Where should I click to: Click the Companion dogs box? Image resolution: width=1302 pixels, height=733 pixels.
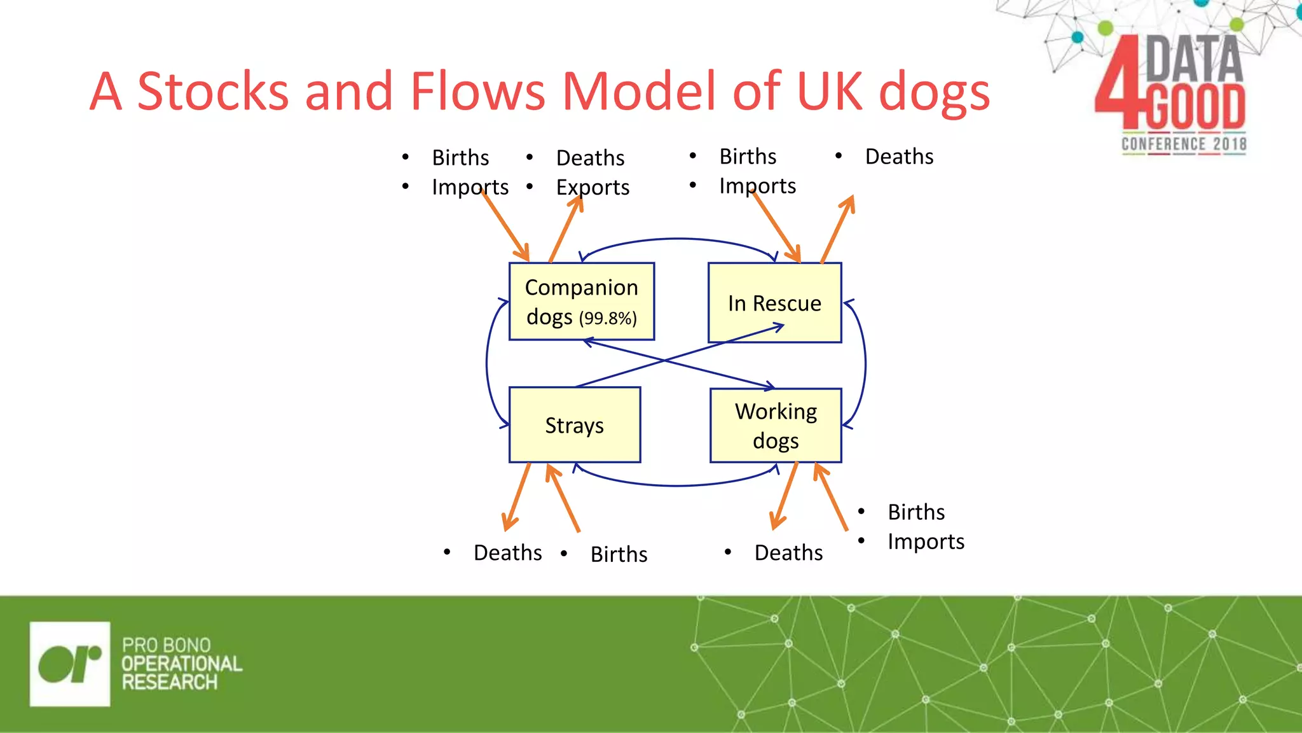click(581, 301)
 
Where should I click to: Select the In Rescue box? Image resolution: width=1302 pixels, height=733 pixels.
click(774, 303)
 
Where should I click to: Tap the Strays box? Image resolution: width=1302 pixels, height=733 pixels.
click(574, 424)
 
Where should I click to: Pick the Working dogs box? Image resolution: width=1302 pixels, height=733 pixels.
click(776, 425)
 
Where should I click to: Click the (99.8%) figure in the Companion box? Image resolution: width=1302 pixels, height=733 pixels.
click(608, 318)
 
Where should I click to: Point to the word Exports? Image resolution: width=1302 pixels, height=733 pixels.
click(593, 187)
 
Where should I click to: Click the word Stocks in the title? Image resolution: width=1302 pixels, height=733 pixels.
click(213, 91)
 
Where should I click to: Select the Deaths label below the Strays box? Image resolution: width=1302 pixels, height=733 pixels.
click(507, 552)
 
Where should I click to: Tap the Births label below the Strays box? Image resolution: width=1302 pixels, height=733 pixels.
click(619, 554)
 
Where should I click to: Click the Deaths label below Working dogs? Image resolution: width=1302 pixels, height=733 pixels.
click(788, 552)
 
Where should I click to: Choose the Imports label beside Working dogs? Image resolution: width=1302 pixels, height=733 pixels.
click(926, 541)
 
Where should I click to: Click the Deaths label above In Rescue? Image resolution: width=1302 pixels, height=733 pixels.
click(899, 157)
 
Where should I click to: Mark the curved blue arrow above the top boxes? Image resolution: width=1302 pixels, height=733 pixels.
click(678, 239)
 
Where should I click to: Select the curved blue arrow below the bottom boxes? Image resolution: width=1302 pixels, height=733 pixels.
click(678, 485)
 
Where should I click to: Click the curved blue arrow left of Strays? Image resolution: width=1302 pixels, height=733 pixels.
click(487, 363)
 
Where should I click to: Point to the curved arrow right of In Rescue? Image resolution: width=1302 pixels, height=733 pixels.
click(865, 363)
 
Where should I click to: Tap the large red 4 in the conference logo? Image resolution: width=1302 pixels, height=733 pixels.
click(1118, 83)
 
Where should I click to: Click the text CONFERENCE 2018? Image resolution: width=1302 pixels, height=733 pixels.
click(1183, 144)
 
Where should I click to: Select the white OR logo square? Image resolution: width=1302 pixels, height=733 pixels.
click(70, 664)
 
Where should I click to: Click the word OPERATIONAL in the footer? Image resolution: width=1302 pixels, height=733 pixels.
click(182, 664)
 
